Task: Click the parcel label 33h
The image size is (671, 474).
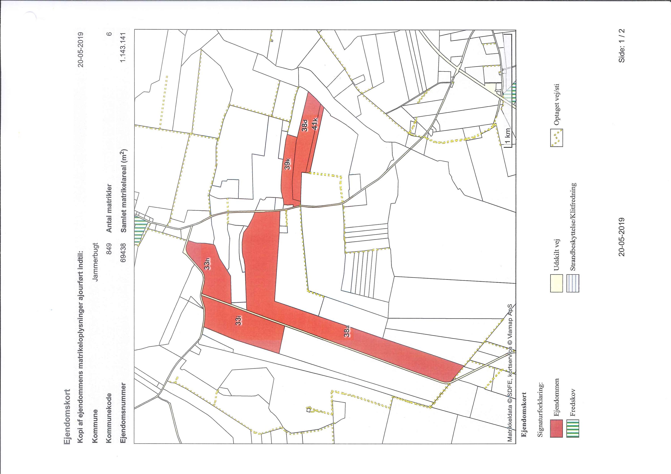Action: tap(207, 264)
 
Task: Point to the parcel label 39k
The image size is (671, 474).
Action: tap(288, 164)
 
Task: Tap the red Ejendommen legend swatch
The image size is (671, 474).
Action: tap(556, 436)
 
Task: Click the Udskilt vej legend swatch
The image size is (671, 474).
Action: tap(556, 283)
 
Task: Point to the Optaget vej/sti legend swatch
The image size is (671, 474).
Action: tap(556, 137)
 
